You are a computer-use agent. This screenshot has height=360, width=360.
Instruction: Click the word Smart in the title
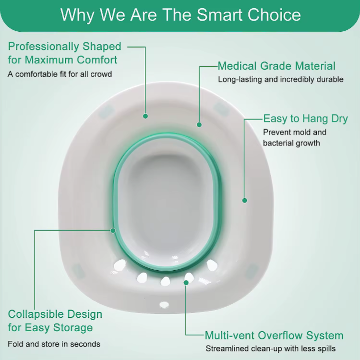click(220, 15)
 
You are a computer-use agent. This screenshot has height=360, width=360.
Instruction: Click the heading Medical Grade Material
click(276, 66)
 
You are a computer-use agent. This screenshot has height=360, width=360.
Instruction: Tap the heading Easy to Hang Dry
click(305, 119)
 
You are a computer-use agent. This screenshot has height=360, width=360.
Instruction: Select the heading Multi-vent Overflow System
click(274, 336)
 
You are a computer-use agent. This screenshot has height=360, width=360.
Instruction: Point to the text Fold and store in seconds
click(54, 344)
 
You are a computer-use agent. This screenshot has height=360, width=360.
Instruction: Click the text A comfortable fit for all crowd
click(60, 74)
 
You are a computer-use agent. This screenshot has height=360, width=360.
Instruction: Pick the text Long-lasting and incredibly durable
click(281, 79)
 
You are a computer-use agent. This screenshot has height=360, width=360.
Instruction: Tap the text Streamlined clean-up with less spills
click(270, 348)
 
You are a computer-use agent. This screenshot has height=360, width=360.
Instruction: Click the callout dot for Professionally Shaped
click(145, 116)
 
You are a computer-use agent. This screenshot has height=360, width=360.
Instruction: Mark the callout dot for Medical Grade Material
click(199, 125)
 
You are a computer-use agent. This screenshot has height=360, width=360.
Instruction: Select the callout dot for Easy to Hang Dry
click(244, 201)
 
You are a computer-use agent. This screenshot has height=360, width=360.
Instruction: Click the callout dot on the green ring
click(113, 230)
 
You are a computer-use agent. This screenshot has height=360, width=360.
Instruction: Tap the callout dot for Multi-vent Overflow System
click(186, 283)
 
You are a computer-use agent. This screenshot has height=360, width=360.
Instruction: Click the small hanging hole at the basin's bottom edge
click(164, 304)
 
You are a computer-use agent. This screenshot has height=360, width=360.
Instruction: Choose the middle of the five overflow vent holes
click(165, 281)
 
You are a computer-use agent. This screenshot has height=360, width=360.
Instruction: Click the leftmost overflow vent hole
click(120, 265)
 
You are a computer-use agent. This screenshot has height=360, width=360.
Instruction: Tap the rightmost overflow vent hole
click(212, 265)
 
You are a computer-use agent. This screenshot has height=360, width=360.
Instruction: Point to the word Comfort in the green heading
click(97, 60)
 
